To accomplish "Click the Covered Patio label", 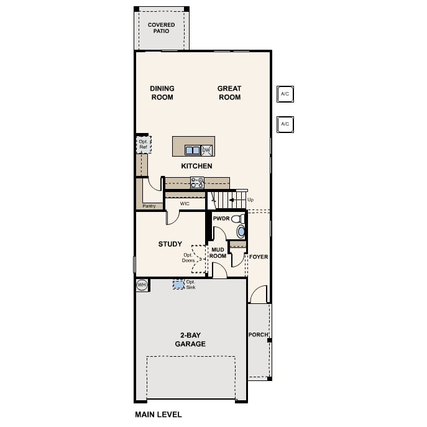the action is point(161,28).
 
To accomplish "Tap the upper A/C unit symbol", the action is point(285,94).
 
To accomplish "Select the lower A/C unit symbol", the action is point(285,124).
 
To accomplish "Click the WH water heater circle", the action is point(142,285).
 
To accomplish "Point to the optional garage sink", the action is point(178,285).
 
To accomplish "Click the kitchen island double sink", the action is point(193,150).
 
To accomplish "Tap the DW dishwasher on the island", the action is point(206,150).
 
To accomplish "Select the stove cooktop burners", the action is point(197,183).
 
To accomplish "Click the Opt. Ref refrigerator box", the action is point(144,144).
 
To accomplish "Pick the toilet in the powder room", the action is point(238,218).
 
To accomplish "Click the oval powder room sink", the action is point(241,231).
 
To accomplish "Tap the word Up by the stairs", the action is point(250,200).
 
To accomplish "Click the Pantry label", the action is point(149,206).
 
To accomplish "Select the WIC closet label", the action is point(185,204).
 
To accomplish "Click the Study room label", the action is point(170,244).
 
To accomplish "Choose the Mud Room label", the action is point(218,253).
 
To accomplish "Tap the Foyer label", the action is point(259,257).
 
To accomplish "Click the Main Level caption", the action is point(158,415).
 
